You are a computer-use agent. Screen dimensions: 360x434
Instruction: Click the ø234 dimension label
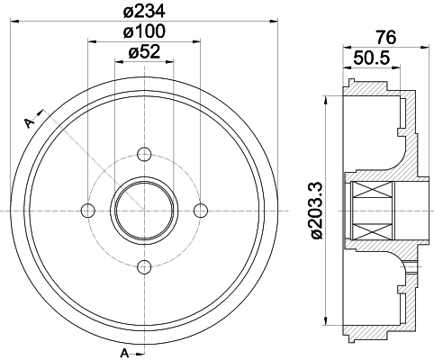coord(144,11)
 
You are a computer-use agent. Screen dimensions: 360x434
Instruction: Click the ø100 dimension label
coord(144,31)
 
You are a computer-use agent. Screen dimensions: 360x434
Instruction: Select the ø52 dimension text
coord(144,52)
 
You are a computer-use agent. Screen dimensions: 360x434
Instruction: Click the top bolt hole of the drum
coord(144,153)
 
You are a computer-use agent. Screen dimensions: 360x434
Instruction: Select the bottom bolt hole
coord(144,265)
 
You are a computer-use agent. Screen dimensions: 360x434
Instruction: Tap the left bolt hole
coord(87,210)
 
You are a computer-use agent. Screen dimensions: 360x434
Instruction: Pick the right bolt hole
coord(200,210)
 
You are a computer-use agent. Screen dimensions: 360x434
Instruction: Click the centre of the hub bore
coord(144,210)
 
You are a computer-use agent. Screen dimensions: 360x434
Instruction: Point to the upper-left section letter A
coord(28,120)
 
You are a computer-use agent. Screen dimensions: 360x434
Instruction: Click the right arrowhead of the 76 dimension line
coord(416,47)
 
